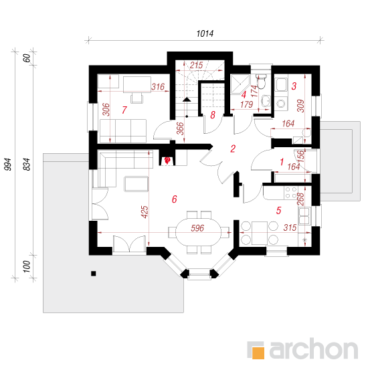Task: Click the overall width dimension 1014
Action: click(205, 33)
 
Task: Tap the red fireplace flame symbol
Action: click(167, 161)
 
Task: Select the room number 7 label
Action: click(124, 110)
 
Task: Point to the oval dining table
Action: click(199, 232)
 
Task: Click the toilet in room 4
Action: click(261, 81)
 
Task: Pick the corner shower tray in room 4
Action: click(240, 84)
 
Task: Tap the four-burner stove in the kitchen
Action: click(291, 193)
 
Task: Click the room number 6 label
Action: click(174, 199)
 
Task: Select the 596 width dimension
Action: click(197, 228)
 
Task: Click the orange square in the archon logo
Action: click(258, 353)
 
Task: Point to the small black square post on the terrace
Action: click(94, 274)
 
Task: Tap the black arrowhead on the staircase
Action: click(187, 100)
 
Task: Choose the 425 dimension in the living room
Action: click(145, 212)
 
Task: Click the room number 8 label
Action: click(213, 115)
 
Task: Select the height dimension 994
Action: click(8, 165)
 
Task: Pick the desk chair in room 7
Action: click(136, 98)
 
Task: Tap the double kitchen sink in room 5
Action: click(304, 215)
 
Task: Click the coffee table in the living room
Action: click(136, 184)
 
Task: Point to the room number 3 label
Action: click(294, 86)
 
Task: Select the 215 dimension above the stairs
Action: click(197, 65)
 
